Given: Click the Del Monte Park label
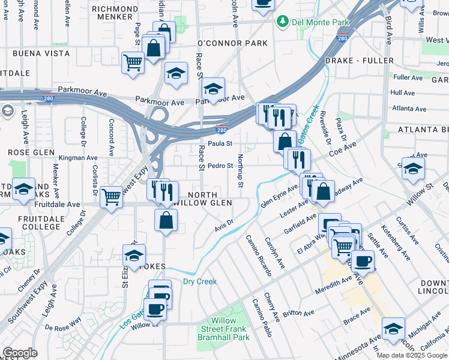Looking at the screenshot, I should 320,22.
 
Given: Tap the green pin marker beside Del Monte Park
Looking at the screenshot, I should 282,22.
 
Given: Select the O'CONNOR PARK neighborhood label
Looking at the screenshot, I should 232,44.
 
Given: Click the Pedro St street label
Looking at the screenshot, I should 220,166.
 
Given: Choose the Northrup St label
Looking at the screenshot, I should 240,170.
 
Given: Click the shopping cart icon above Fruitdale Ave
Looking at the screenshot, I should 112,197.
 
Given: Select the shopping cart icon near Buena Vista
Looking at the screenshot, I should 133,62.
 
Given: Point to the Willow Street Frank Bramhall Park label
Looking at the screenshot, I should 224,329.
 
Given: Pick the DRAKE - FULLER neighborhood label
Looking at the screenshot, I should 357,61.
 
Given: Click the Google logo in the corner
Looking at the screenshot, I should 20,353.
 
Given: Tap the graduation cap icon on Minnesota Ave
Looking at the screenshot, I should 393,329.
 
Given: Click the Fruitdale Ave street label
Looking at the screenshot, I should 57,205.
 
